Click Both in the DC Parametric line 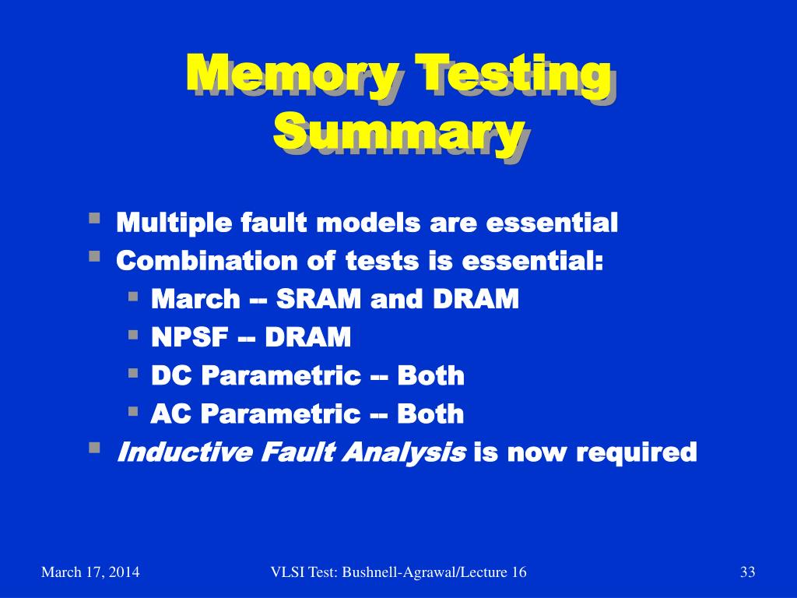[430, 375]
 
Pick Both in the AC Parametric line [430, 413]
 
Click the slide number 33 [747, 573]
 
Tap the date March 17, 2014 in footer [90, 573]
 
